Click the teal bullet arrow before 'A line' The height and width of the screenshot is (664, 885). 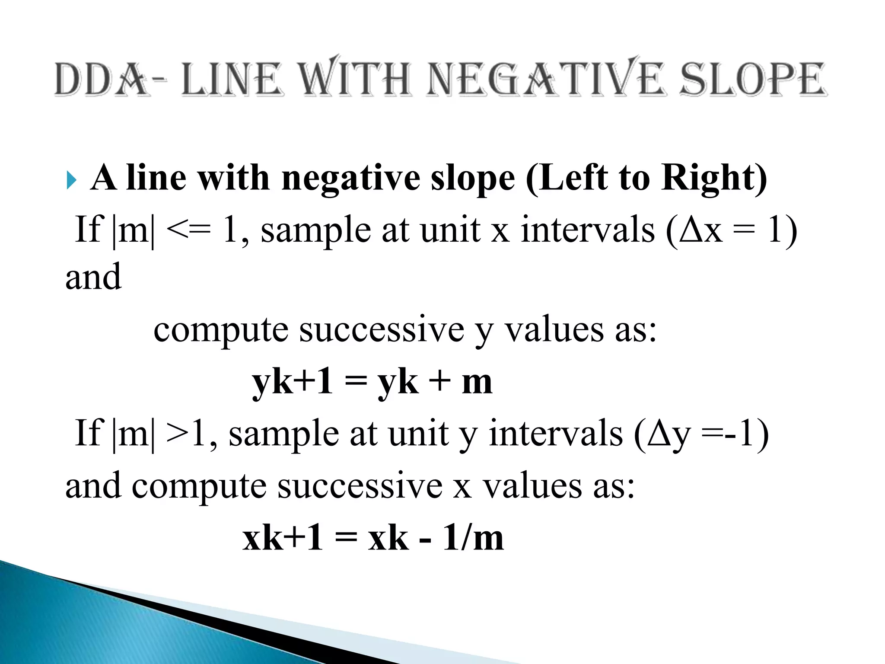pyautogui.click(x=72, y=180)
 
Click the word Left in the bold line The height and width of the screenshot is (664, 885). pyautogui.click(x=566, y=178)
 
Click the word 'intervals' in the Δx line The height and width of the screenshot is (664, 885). pyautogui.click(x=588, y=230)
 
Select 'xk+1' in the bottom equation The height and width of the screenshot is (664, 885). pyautogui.click(x=283, y=539)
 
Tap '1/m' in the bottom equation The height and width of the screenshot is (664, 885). pyautogui.click(x=473, y=539)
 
